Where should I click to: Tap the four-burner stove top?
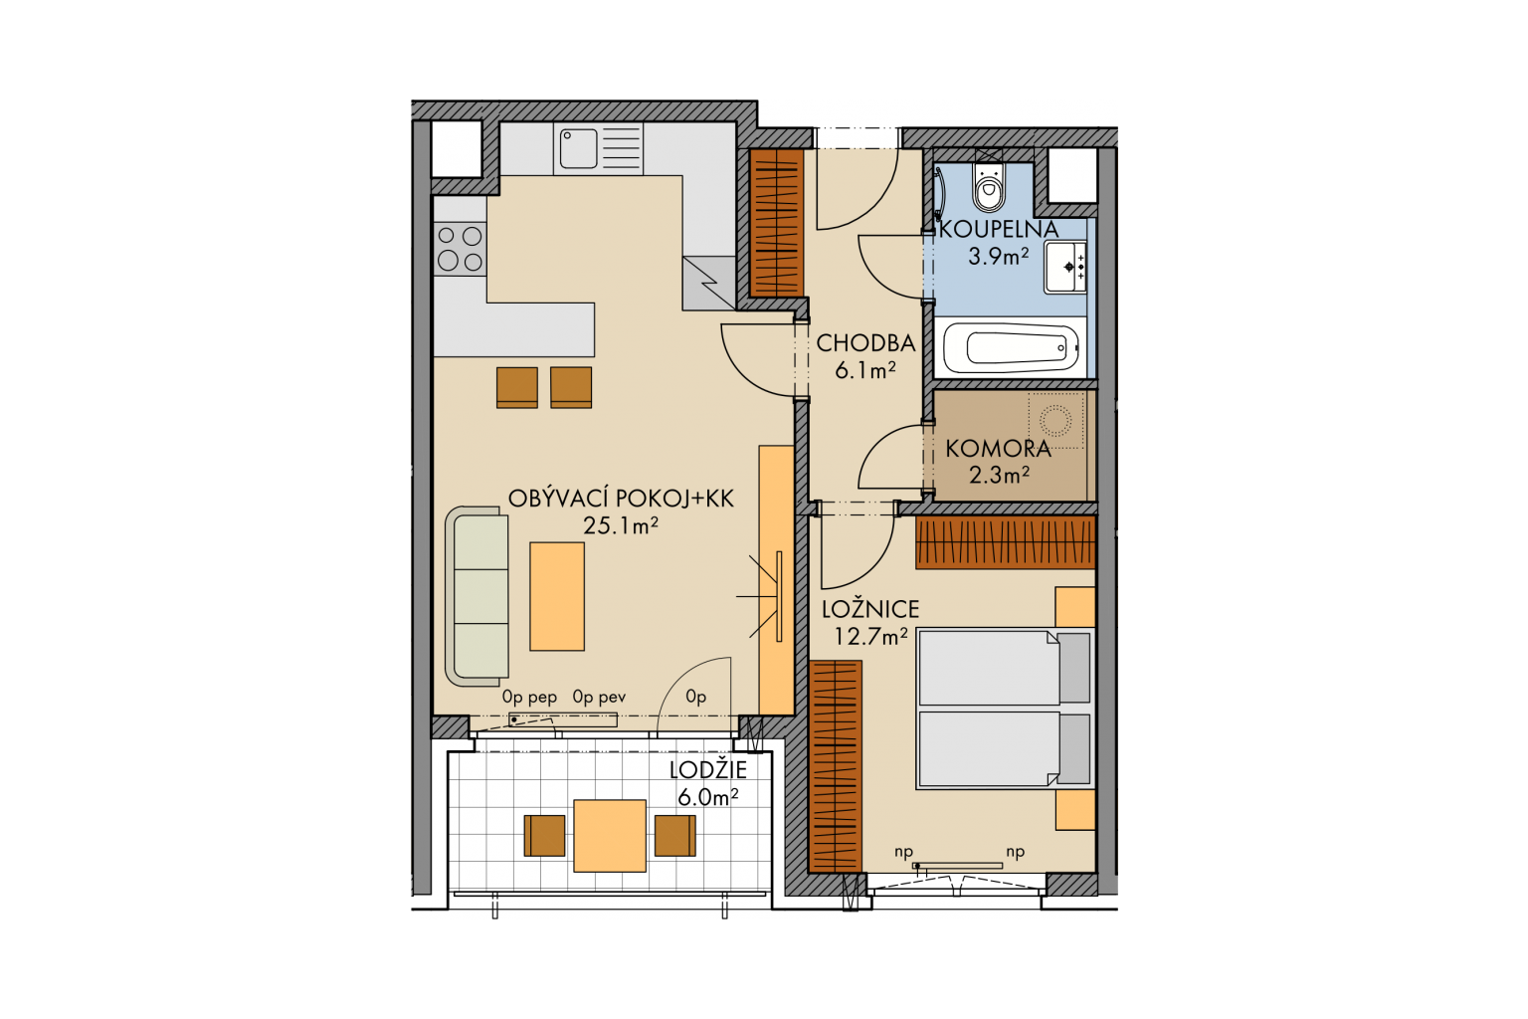pyautogui.click(x=460, y=249)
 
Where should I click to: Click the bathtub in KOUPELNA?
pyautogui.click(x=1011, y=347)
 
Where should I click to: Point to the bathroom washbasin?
pyautogui.click(x=1065, y=267)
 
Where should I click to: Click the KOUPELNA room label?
pyautogui.click(x=999, y=229)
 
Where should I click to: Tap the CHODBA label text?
pyautogui.click(x=865, y=343)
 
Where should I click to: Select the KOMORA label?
pyautogui.click(x=998, y=449)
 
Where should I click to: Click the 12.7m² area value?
pyautogui.click(x=871, y=636)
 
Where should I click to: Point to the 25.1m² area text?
pyautogui.click(x=621, y=524)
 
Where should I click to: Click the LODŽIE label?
pyautogui.click(x=708, y=769)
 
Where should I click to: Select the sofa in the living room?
pyautogui.click(x=477, y=596)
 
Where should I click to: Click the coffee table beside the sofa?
pyautogui.click(x=557, y=596)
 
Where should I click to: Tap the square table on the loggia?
pyautogui.click(x=610, y=836)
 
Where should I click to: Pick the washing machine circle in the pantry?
pyautogui.click(x=1055, y=420)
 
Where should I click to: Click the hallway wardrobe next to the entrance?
pyautogui.click(x=776, y=223)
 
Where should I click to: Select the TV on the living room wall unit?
pyautogui.click(x=779, y=596)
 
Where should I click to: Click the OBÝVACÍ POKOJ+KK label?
pyautogui.click(x=621, y=499)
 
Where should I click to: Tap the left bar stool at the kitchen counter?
pyautogui.click(x=517, y=387)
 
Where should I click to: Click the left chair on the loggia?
pyautogui.click(x=544, y=836)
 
